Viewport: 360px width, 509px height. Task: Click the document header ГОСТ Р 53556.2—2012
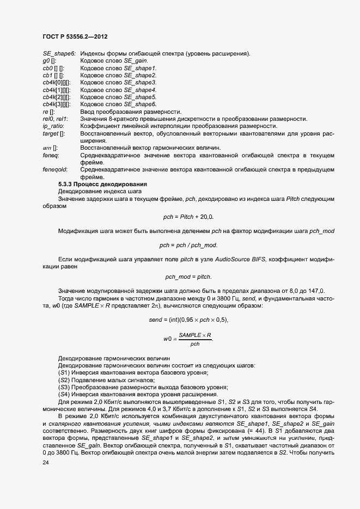pos(74,36)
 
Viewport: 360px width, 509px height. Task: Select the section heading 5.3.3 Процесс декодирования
pos(99,184)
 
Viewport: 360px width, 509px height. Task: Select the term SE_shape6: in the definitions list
pos(59,54)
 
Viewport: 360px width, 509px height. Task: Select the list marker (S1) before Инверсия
pos(64,372)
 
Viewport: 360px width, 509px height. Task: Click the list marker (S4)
pos(64,394)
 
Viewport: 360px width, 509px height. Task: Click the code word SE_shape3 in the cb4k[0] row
pos(140,83)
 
